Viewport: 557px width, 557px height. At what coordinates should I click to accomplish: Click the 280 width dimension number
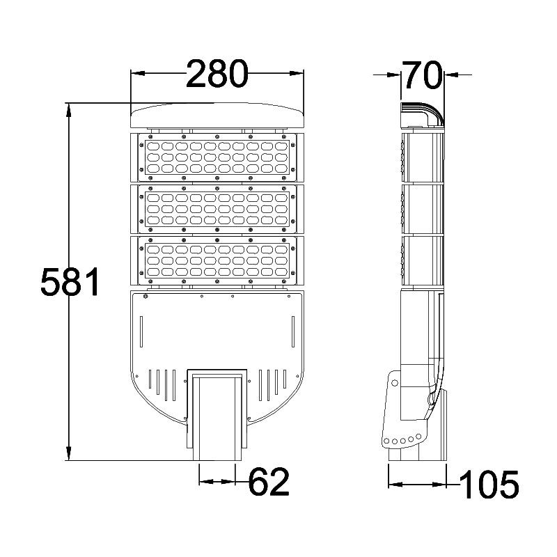point(217,74)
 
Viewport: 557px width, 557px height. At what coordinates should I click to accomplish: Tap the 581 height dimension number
point(71,282)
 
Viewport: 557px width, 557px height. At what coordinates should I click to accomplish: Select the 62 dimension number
point(268,482)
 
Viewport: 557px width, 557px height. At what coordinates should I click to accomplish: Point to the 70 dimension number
point(423,74)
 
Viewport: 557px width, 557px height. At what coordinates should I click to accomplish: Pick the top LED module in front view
point(217,157)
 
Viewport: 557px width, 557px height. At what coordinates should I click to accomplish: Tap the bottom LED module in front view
point(217,261)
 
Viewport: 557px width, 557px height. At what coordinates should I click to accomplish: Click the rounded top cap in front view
point(217,116)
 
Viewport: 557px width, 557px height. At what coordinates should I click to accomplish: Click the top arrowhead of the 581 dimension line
point(68,108)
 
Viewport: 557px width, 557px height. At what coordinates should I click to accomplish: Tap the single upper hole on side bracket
point(395,382)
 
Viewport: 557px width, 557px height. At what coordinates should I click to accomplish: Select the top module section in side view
point(422,157)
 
